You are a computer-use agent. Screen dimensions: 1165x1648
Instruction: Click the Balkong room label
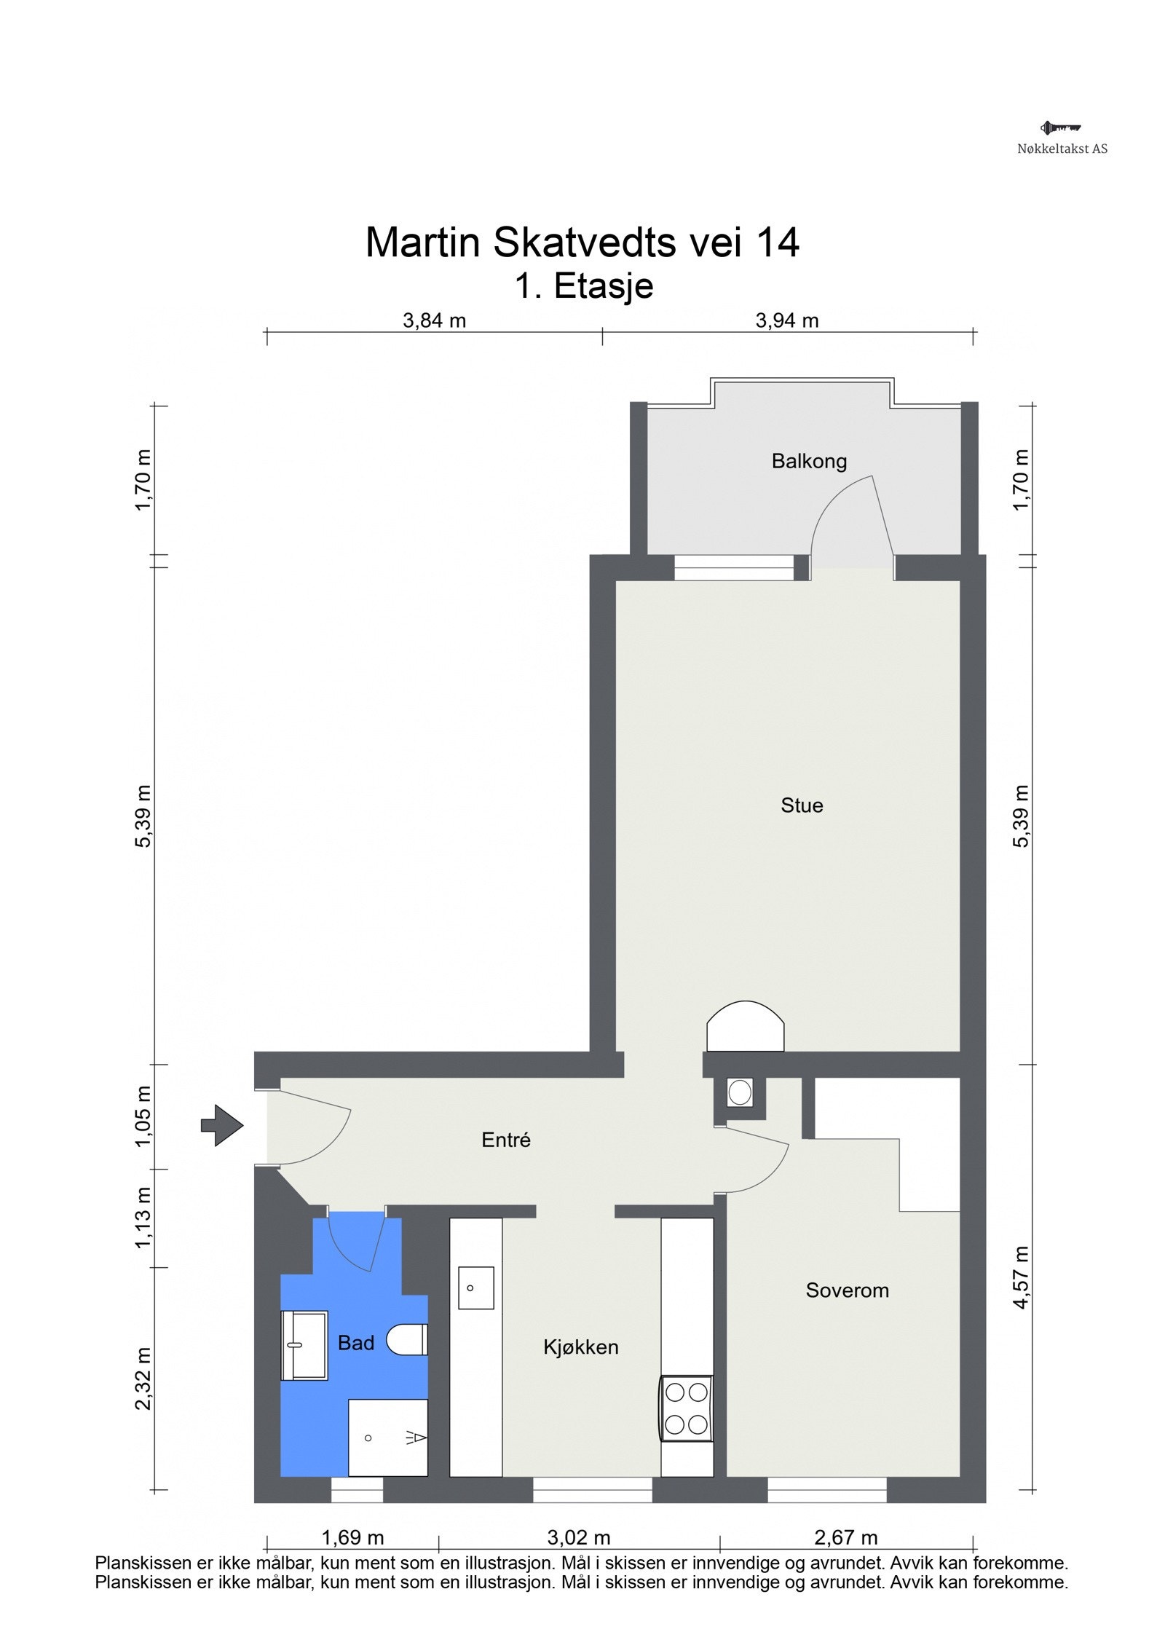pyautogui.click(x=809, y=462)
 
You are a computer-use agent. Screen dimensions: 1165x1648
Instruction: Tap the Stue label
pyautogui.click(x=802, y=805)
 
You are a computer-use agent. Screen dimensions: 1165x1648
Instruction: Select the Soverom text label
pyautogui.click(x=847, y=1290)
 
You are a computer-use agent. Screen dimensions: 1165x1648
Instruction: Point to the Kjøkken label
pyautogui.click(x=580, y=1347)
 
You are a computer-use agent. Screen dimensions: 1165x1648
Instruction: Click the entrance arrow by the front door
pyautogui.click(x=222, y=1125)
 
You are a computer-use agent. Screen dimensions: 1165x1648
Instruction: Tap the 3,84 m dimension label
pyautogui.click(x=434, y=320)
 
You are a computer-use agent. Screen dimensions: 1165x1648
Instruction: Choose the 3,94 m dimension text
pyautogui.click(x=787, y=320)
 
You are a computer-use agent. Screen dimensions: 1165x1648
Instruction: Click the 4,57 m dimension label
pyautogui.click(x=1021, y=1277)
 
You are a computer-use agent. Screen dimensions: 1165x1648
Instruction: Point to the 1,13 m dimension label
pyautogui.click(x=143, y=1218)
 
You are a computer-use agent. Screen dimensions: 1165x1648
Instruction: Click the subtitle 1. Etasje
pyautogui.click(x=584, y=285)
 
